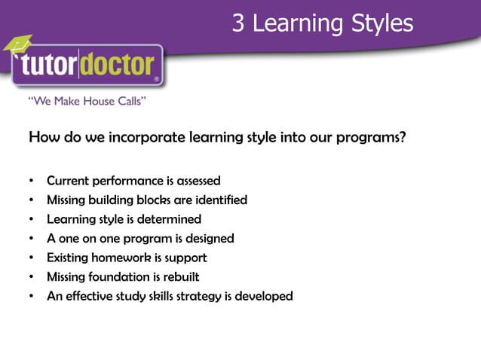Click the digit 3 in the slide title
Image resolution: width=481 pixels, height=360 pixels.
[x=238, y=23]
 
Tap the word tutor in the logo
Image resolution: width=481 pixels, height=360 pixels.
[x=57, y=67]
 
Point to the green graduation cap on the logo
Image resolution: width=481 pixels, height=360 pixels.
[x=17, y=44]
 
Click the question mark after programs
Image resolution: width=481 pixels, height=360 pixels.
[x=403, y=138]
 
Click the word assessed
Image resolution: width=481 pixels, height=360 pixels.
[x=198, y=181]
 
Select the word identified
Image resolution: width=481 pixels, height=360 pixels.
[x=221, y=200]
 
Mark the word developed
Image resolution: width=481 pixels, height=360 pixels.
[x=264, y=296]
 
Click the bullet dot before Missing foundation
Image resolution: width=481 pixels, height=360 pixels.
[x=31, y=277]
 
